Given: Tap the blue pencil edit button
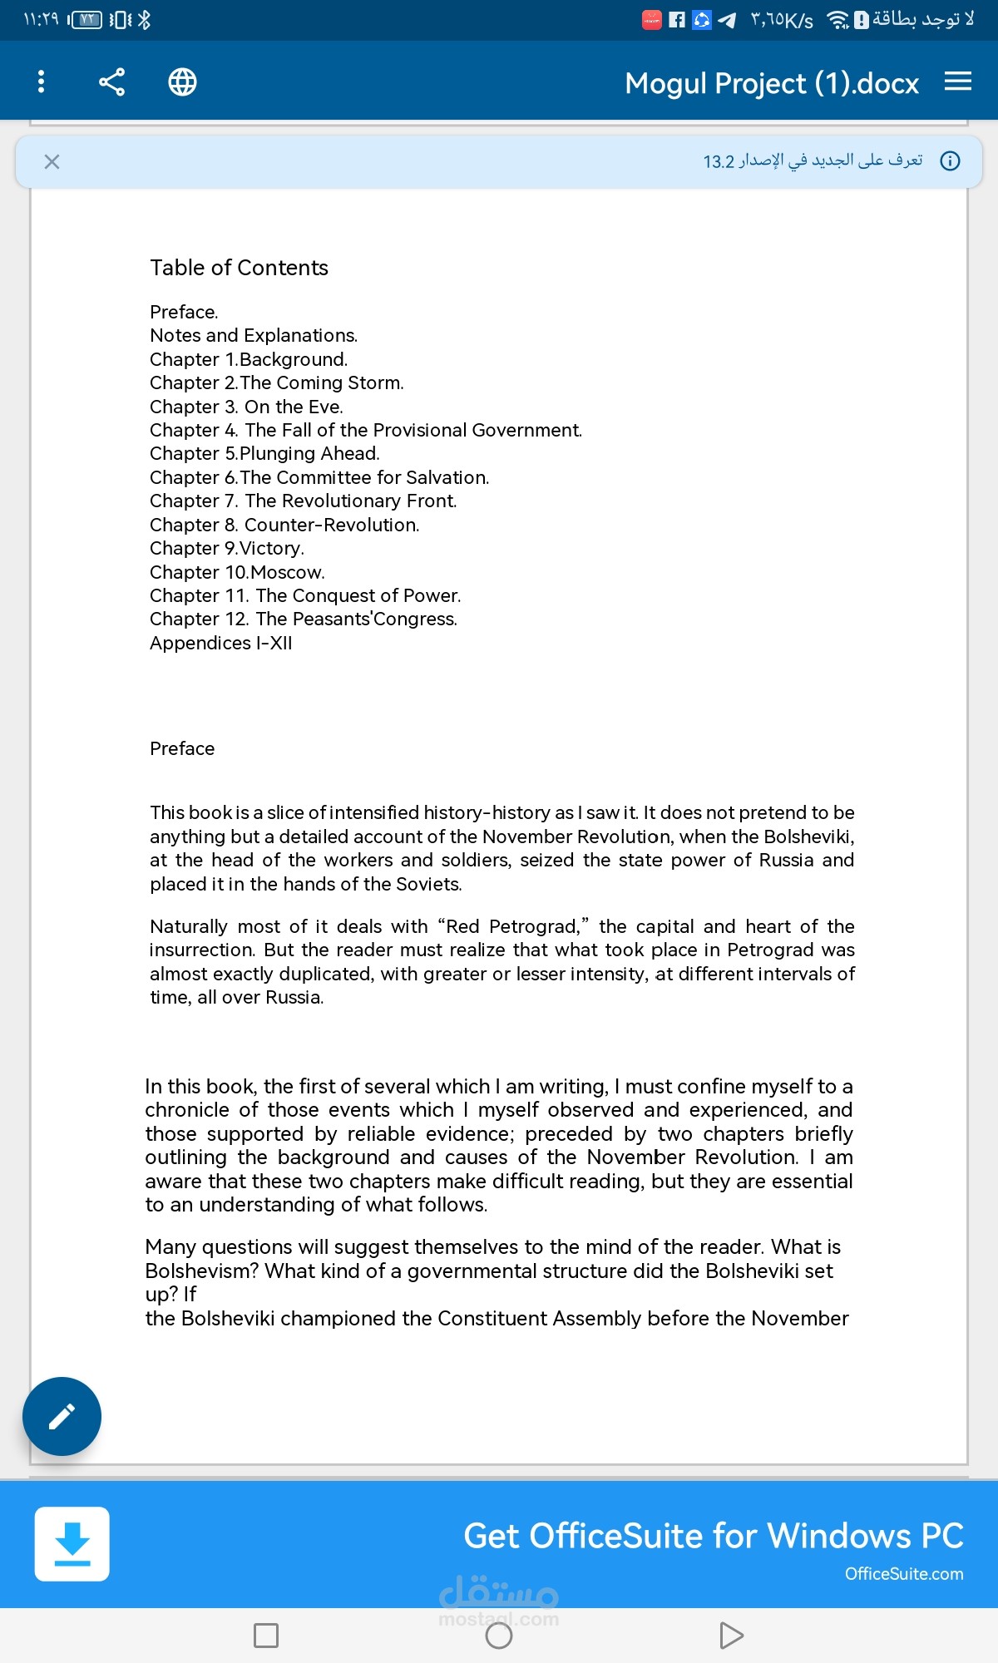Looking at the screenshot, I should pyautogui.click(x=62, y=1416).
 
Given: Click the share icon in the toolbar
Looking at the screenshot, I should pyautogui.click(x=111, y=81).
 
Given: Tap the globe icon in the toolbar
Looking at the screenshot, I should pyautogui.click(x=182, y=81).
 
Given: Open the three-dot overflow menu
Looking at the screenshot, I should pyautogui.click(x=41, y=81).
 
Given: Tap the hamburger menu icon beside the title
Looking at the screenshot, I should pyautogui.click(x=958, y=81).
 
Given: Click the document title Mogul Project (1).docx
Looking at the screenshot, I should pyautogui.click(x=771, y=83).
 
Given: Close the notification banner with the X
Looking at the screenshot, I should pyautogui.click(x=52, y=161).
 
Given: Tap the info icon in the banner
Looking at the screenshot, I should pyautogui.click(x=950, y=161).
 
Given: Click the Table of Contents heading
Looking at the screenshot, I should pyautogui.click(x=239, y=268).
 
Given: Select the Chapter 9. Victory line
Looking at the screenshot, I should pyautogui.click(x=227, y=549).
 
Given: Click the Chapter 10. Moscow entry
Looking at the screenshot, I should pyautogui.click(x=237, y=572).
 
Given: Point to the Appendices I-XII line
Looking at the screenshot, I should pyautogui.click(x=221, y=644).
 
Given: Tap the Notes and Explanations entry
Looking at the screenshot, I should pyautogui.click(x=254, y=336).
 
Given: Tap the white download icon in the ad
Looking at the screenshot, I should pyautogui.click(x=72, y=1543).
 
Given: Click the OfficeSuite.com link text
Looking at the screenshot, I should pyautogui.click(x=904, y=1574).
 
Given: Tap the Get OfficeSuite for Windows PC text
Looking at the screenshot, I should pyautogui.click(x=713, y=1536).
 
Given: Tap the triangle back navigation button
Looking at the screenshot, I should pyautogui.click(x=731, y=1636).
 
